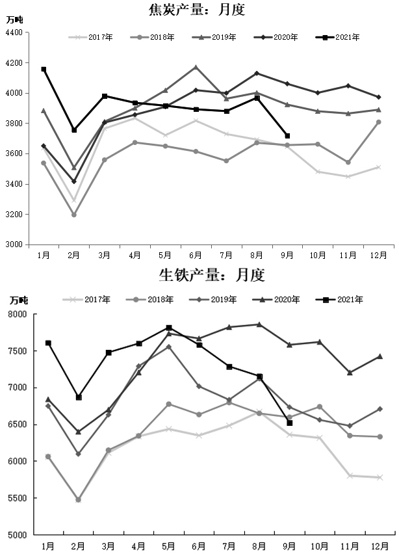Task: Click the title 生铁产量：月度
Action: [212, 276]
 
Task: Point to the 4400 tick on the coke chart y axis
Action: [14, 33]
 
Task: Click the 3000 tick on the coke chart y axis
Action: [14, 244]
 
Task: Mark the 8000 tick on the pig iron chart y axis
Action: [18, 314]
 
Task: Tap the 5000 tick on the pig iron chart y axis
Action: [18, 534]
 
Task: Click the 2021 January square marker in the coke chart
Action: [44, 69]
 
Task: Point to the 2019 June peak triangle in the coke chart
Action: [196, 67]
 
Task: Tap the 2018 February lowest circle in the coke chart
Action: [73, 215]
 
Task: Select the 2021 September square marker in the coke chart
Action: [287, 136]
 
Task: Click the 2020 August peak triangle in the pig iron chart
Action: [259, 324]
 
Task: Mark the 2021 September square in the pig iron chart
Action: [289, 423]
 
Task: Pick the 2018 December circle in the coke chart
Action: [378, 122]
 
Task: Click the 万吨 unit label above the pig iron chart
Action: [19, 300]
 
